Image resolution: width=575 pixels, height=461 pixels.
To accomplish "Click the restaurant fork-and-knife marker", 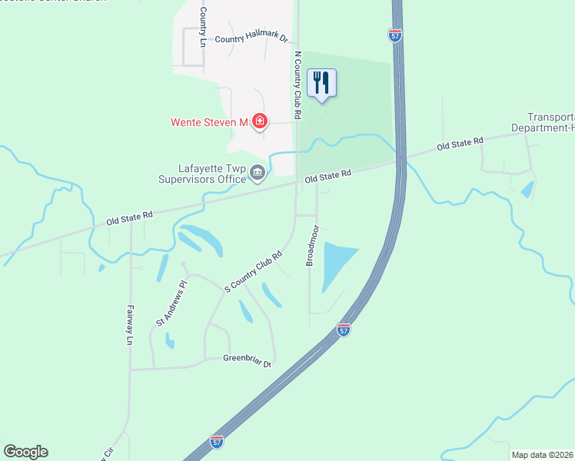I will pyautogui.click(x=322, y=83).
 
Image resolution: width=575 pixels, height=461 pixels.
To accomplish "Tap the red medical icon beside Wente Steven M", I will pyautogui.click(x=260, y=121).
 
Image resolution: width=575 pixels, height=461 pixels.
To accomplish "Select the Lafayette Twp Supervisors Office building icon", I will pyautogui.click(x=258, y=175).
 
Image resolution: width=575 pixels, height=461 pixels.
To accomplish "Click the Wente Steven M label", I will pyautogui.click(x=208, y=122).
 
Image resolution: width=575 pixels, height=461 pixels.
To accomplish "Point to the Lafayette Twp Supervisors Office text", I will pyautogui.click(x=201, y=174).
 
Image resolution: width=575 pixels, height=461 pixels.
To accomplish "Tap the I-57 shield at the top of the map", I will pyautogui.click(x=395, y=36).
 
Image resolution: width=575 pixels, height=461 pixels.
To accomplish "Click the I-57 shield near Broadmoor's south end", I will pyautogui.click(x=344, y=330).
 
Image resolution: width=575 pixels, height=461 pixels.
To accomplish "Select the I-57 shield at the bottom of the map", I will pyautogui.click(x=217, y=442).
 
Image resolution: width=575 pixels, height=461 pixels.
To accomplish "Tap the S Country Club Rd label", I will pyautogui.click(x=254, y=271).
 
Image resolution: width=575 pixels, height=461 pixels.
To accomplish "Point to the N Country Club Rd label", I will pyautogui.click(x=297, y=85).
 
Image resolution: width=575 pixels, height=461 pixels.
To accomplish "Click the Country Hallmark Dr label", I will pyautogui.click(x=251, y=38).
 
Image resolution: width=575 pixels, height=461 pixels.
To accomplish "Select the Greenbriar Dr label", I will pyautogui.click(x=248, y=359).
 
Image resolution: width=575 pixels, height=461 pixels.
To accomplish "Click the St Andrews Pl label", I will pyautogui.click(x=171, y=303).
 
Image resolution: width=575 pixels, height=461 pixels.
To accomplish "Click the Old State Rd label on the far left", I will pyautogui.click(x=129, y=217).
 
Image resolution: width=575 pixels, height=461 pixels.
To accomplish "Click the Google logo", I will pyautogui.click(x=25, y=452).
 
